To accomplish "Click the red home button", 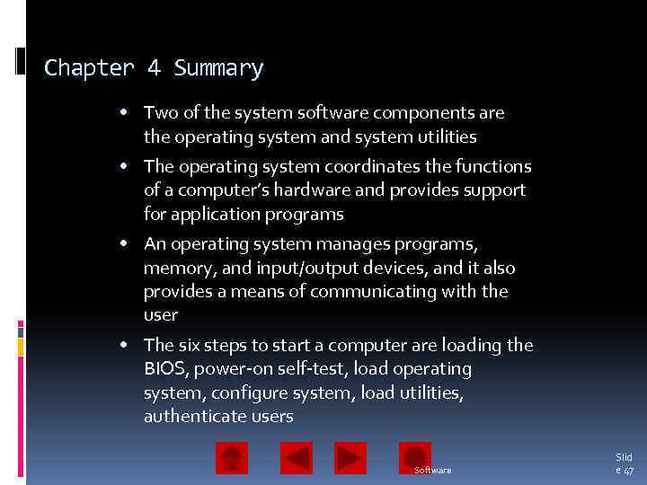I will (232, 458).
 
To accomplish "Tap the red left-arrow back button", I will (297, 458).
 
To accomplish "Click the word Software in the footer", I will (433, 471).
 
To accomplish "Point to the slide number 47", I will (628, 471).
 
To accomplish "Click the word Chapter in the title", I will (88, 68).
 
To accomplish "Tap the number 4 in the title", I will (155, 68).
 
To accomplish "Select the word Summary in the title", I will (218, 68).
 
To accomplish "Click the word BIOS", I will (163, 369).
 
